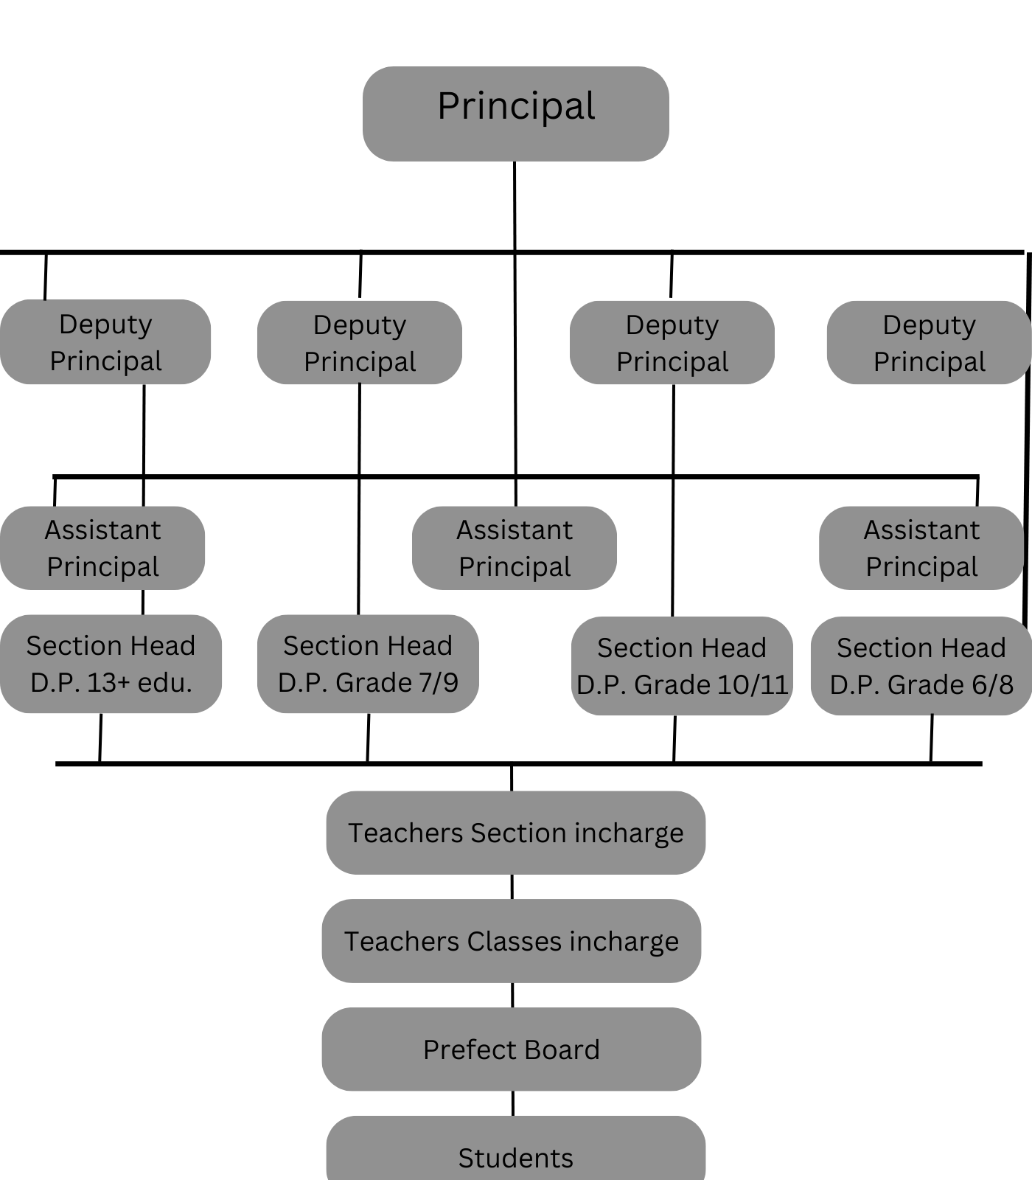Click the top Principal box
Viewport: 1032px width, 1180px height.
point(515,114)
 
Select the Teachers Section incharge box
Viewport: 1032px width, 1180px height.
point(515,833)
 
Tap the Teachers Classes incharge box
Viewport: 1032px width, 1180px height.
point(511,941)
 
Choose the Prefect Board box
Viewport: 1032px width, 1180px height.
point(511,1049)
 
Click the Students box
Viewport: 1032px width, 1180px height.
point(515,1154)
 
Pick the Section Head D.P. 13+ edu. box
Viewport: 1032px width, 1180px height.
point(111,664)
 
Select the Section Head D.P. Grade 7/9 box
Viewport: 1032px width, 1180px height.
point(367,664)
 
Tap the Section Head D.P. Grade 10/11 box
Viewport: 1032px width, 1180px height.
point(682,665)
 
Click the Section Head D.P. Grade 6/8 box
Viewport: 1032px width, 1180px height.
point(921,665)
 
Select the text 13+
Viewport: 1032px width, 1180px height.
point(108,682)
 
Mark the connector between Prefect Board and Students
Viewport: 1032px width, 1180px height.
point(512,1103)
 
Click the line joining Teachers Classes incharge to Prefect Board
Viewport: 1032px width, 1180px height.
point(512,995)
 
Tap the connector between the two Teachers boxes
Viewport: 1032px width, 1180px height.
point(512,886)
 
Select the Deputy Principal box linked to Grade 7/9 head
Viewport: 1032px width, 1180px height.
point(360,342)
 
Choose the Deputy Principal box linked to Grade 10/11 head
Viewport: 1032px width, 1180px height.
point(672,342)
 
